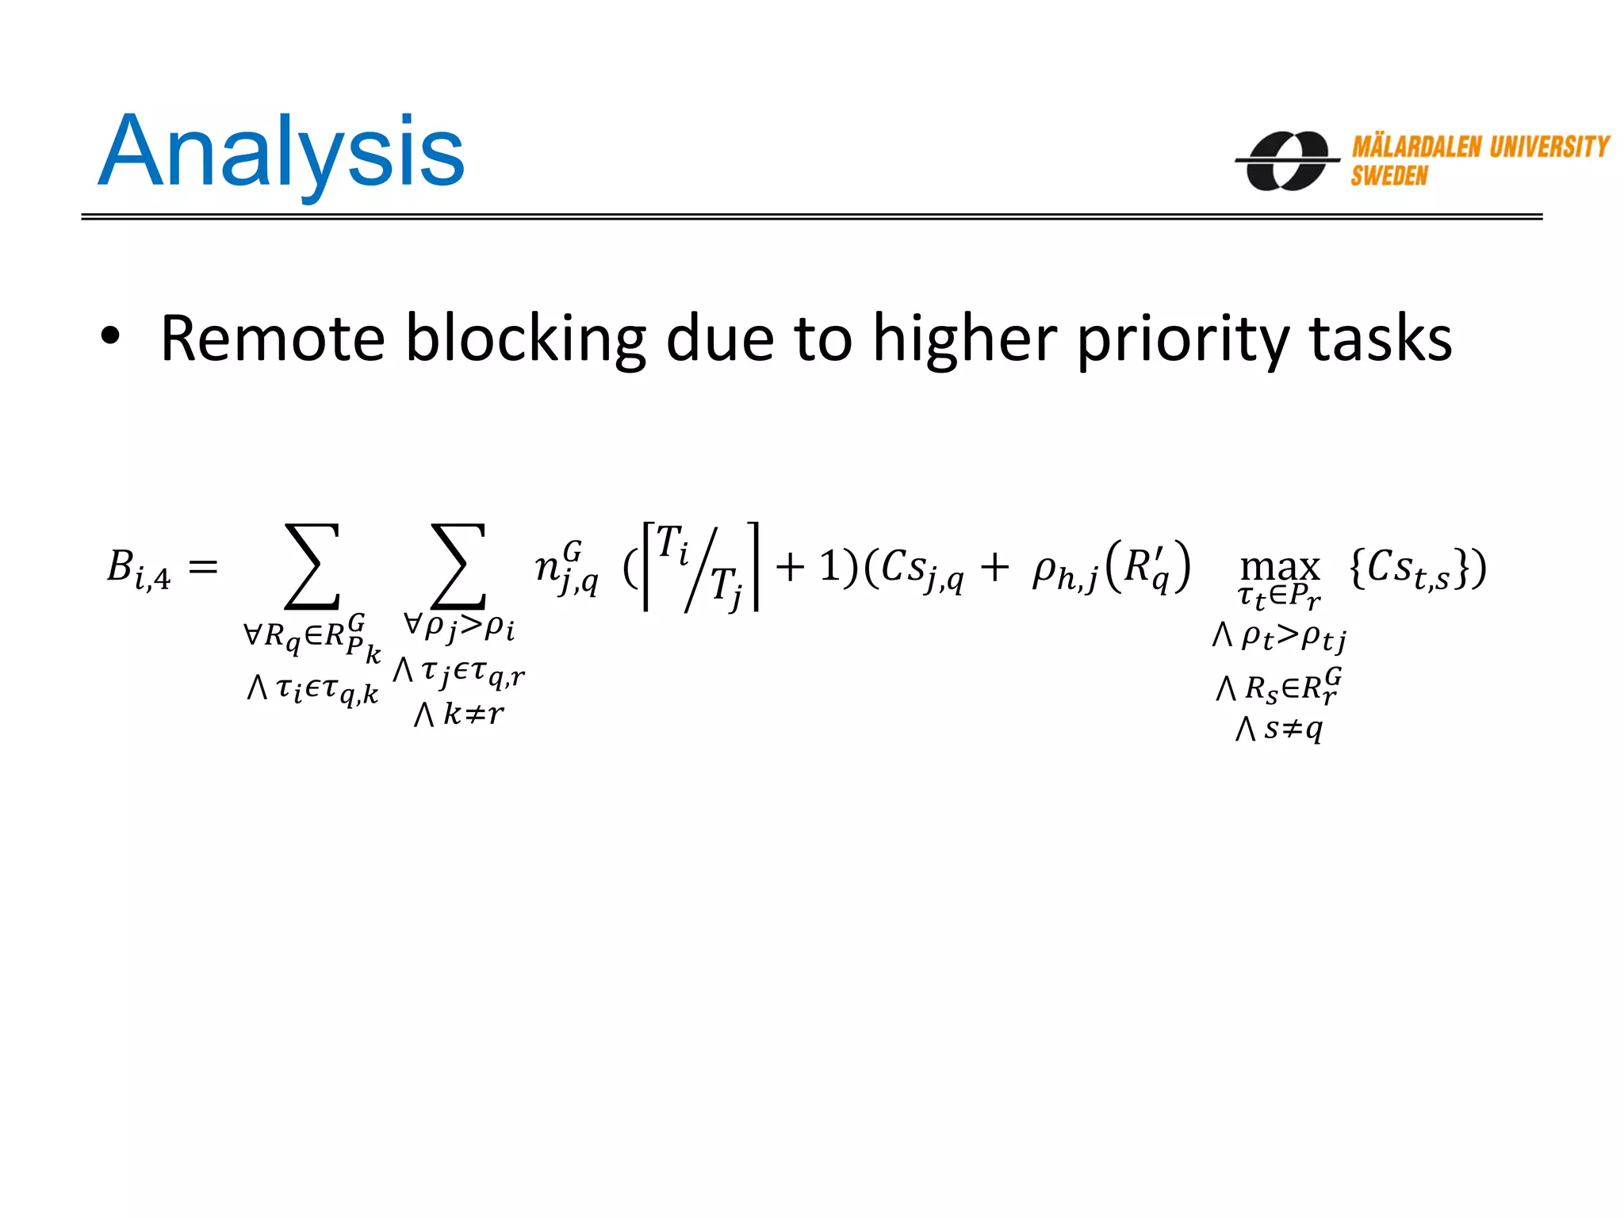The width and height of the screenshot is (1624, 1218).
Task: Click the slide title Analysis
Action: tap(282, 152)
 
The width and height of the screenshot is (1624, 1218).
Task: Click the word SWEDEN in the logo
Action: tap(1389, 176)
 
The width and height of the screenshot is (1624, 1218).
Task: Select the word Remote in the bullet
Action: tap(273, 339)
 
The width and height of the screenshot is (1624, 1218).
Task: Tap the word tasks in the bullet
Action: tap(1381, 339)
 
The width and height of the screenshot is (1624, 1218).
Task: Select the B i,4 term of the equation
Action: tap(139, 569)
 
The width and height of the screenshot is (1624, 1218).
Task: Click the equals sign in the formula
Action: tap(203, 566)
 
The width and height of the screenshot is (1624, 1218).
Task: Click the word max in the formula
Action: tap(1280, 567)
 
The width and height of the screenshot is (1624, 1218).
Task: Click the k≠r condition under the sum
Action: tap(459, 714)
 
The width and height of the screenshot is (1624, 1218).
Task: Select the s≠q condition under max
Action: tap(1280, 727)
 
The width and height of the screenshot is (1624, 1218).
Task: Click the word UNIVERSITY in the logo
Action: tap(1549, 147)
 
